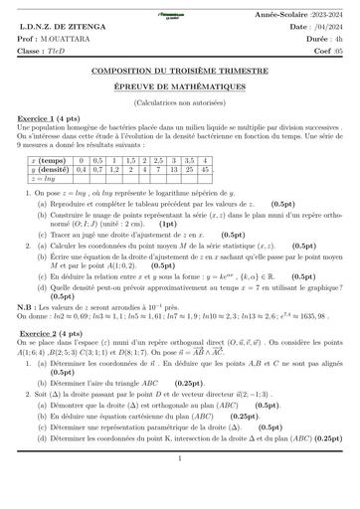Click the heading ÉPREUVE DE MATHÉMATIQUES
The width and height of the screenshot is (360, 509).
pyautogui.click(x=180, y=87)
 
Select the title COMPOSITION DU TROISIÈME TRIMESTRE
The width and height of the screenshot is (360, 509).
pyautogui.click(x=180, y=73)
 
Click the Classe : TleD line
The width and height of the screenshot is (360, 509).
pyautogui.click(x=45, y=47)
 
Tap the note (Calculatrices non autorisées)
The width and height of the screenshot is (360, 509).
pyautogui.click(x=180, y=102)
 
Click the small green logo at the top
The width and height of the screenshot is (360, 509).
pyautogui.click(x=180, y=6)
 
